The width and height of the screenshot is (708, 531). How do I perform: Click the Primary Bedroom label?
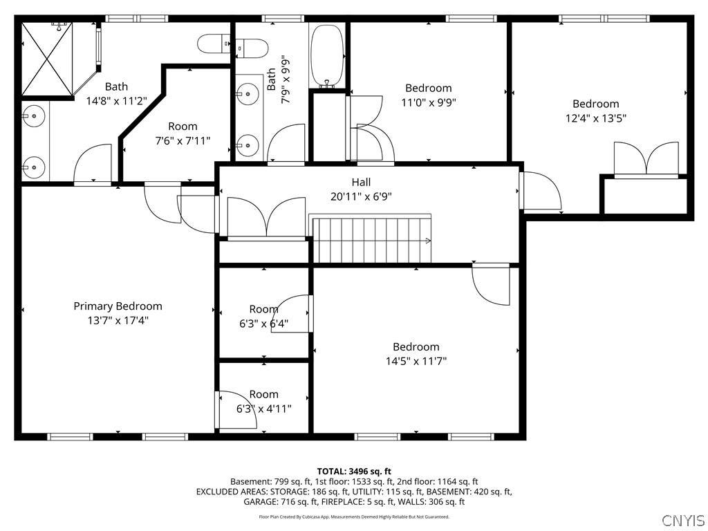pos(118,306)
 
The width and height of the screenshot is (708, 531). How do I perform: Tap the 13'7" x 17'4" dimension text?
pos(118,321)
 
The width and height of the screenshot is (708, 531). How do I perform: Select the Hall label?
pos(361,182)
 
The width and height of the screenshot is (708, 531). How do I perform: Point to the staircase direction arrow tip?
pos(430,241)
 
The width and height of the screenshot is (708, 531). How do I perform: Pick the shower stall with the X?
pos(47,59)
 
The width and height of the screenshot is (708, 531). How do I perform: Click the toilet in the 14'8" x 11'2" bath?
pos(214,44)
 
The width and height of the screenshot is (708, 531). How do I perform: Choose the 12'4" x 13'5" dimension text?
pos(595,118)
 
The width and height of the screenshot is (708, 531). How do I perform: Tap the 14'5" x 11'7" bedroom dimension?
pos(416,361)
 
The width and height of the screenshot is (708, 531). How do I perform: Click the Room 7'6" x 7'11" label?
pos(183,133)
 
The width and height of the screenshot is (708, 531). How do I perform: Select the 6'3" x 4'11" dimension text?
pos(263,409)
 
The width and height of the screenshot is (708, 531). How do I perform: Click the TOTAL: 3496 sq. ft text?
pos(354,472)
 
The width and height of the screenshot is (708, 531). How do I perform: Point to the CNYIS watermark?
pos(684,520)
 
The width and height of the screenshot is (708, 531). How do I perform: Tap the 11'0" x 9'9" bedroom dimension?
pos(429,102)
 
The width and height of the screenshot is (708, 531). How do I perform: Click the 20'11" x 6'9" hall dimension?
pos(361,196)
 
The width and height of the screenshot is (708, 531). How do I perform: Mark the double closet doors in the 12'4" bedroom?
pos(646,159)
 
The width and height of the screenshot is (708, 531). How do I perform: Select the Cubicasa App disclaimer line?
pos(354,516)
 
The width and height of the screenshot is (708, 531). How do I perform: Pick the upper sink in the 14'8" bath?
pos(33,116)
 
